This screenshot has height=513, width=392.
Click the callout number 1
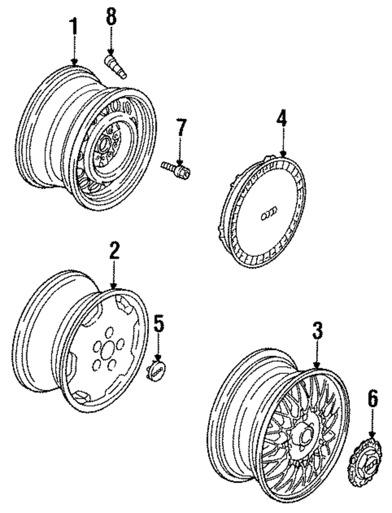(73, 28)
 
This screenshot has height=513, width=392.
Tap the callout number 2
(115, 250)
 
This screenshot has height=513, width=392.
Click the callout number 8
(111, 17)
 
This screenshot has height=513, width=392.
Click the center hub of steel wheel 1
(103, 146)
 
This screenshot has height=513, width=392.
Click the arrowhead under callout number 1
(73, 63)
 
